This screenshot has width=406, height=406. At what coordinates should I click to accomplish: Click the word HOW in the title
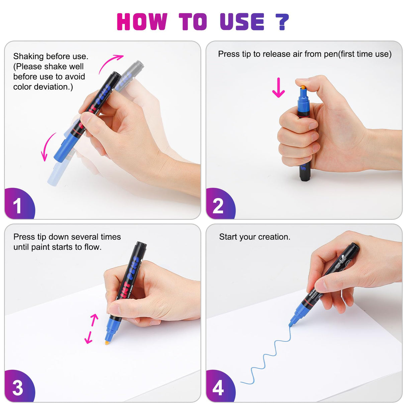(x=142, y=21)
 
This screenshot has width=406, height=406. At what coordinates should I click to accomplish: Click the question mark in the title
(x=282, y=22)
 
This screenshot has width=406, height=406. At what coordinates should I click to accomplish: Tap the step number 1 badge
(x=20, y=203)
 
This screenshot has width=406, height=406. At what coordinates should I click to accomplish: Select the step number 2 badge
(x=221, y=203)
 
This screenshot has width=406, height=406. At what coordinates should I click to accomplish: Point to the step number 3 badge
(x=20, y=386)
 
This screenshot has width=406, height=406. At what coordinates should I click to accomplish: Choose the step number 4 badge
(x=221, y=386)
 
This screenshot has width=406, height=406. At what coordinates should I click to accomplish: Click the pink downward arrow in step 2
(x=278, y=87)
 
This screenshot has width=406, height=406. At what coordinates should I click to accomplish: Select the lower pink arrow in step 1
(x=47, y=146)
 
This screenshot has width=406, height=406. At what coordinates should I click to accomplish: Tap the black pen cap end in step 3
(x=141, y=244)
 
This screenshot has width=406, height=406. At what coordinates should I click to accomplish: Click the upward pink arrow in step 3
(x=94, y=320)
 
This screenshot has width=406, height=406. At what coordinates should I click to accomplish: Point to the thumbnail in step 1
(x=85, y=118)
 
